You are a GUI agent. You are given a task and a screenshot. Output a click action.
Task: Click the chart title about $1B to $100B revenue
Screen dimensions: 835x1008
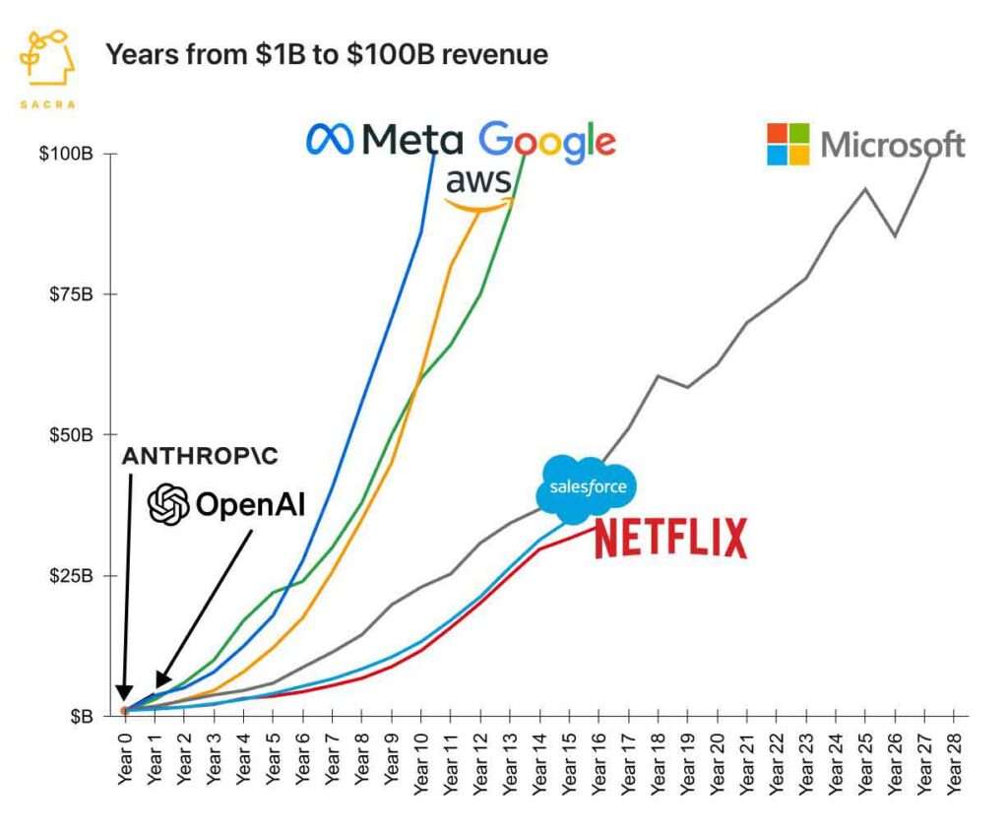coord(326,54)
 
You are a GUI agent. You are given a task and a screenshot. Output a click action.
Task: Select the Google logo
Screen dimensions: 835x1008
coord(547,142)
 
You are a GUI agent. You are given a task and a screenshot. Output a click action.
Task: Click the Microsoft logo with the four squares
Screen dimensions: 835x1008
coord(865,145)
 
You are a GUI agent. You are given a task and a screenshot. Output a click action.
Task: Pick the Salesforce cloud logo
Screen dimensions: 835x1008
coord(587,488)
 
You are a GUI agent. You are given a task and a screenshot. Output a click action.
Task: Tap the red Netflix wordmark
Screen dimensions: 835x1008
coord(670,538)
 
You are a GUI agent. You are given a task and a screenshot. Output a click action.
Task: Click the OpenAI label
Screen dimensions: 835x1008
coord(226,505)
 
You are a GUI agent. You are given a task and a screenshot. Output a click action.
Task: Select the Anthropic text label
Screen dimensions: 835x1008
coord(201,456)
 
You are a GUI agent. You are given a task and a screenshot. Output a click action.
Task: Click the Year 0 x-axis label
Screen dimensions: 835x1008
coord(124,756)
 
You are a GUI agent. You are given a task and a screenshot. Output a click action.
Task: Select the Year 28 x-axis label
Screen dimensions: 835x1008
coord(954,756)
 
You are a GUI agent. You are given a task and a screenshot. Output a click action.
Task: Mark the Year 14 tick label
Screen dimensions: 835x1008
coord(539,756)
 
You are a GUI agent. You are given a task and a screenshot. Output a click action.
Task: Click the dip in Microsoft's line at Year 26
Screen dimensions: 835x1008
coord(895,236)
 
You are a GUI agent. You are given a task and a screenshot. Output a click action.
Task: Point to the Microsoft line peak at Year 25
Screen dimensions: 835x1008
coord(865,188)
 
